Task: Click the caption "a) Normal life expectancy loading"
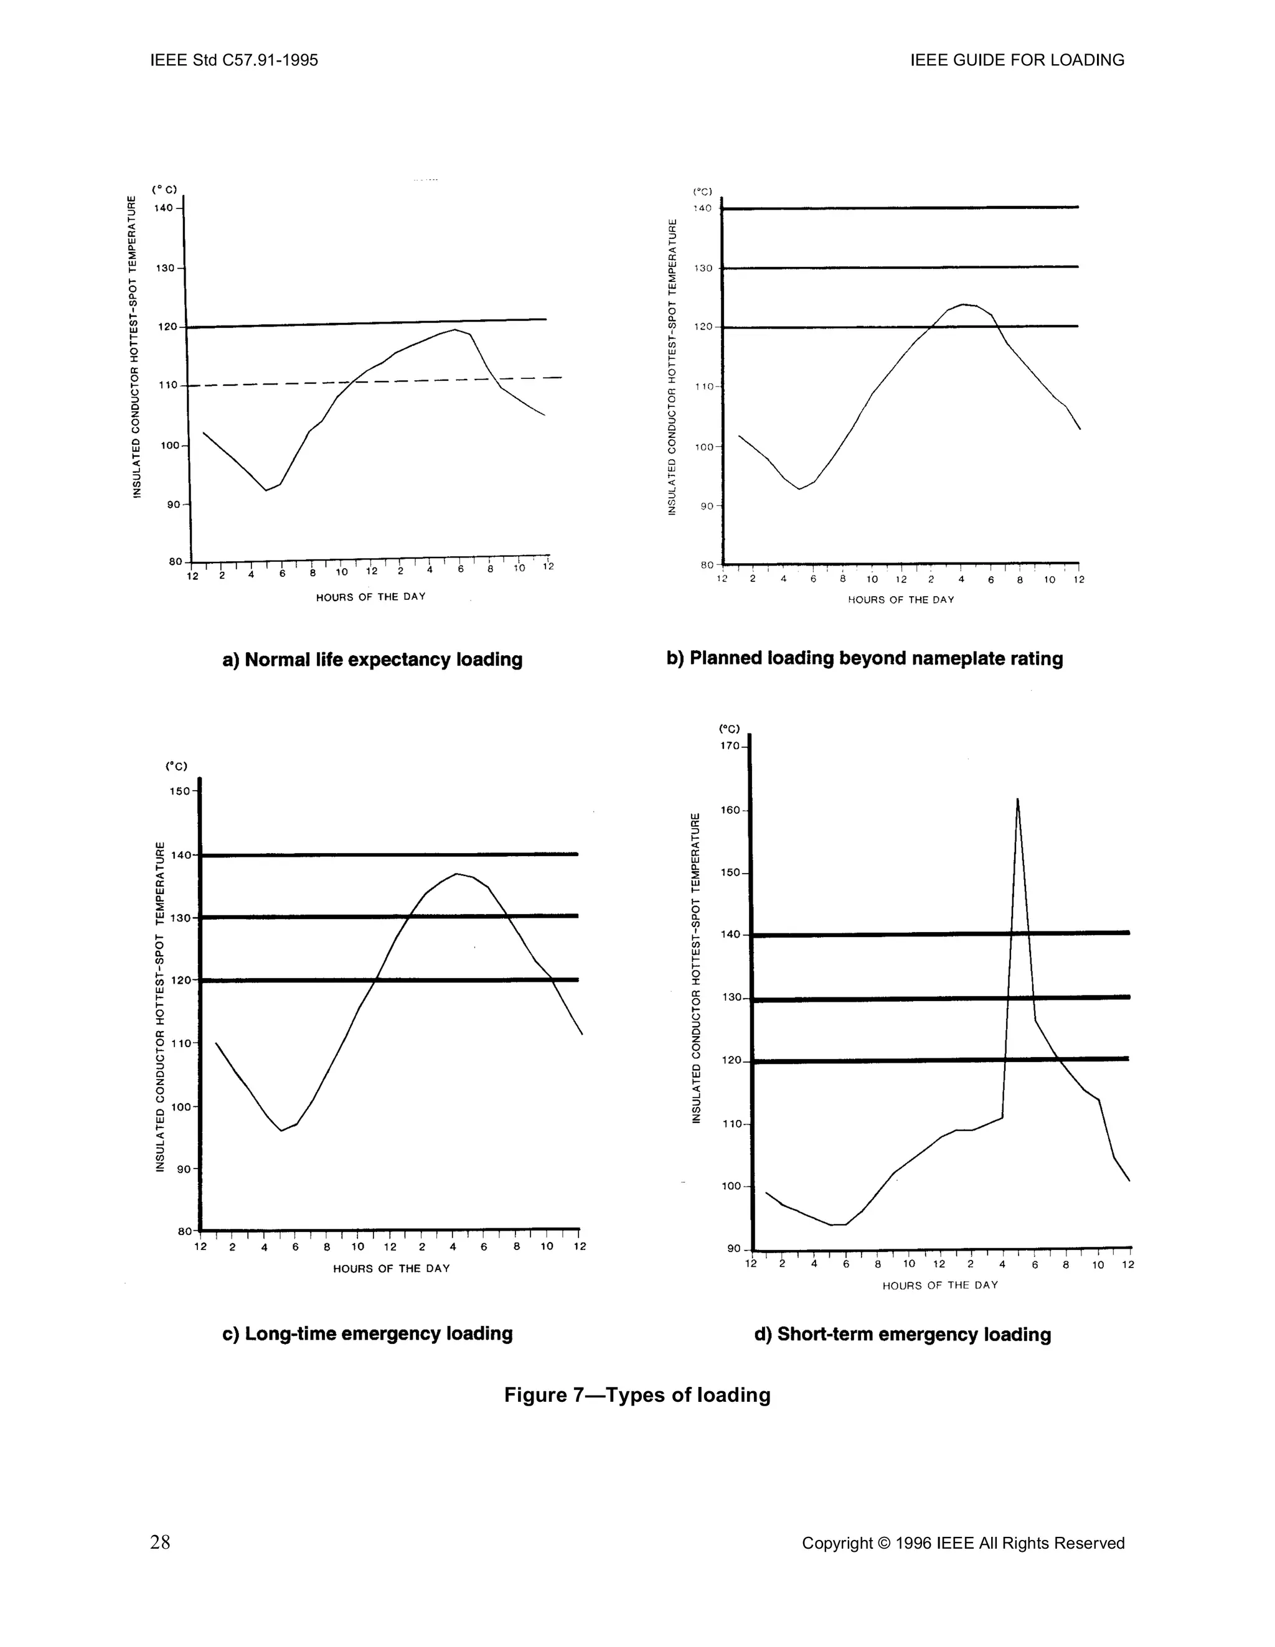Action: point(372,660)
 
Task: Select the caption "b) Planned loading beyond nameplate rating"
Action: point(865,658)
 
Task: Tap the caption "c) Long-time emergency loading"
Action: point(367,1333)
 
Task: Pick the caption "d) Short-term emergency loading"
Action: point(902,1334)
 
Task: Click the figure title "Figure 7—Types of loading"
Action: point(637,1395)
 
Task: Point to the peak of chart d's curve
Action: point(1018,800)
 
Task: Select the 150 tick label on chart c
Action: point(179,791)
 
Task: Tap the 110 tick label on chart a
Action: point(167,385)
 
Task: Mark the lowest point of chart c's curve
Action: point(281,1131)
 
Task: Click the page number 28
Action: point(160,1542)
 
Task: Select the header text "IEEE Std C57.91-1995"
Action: point(235,60)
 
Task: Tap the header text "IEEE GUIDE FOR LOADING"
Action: point(1017,60)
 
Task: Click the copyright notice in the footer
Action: point(962,1543)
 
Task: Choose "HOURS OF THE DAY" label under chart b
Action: point(901,600)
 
